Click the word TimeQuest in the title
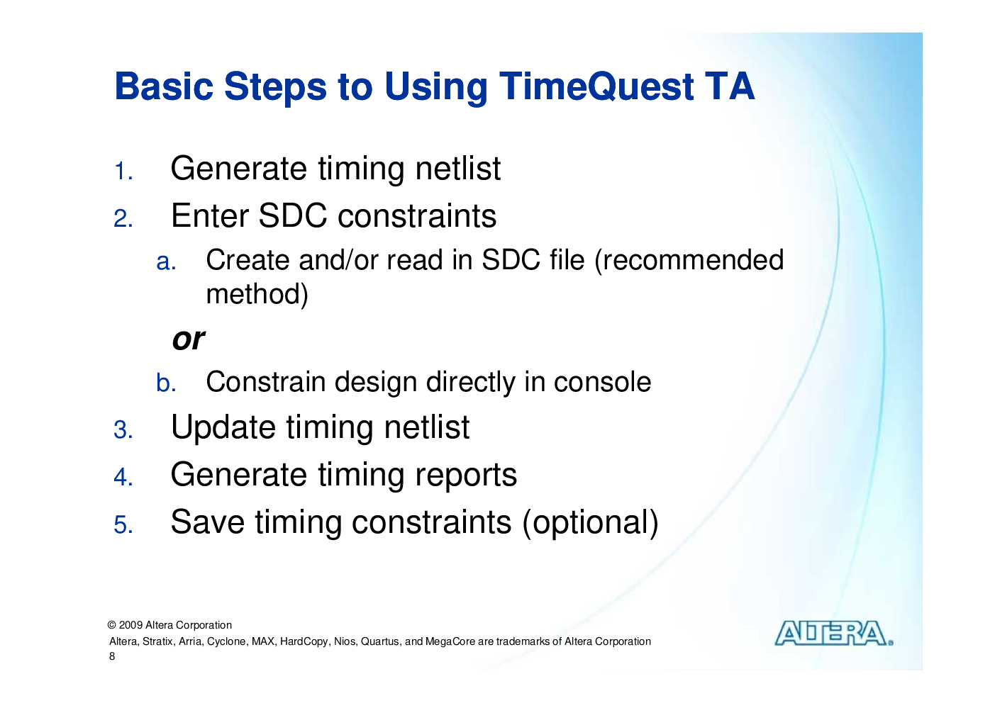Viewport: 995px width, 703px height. click(x=596, y=87)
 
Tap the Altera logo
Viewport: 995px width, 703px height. click(x=834, y=634)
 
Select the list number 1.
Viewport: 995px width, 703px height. click(x=123, y=171)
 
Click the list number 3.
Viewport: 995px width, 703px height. click(x=123, y=429)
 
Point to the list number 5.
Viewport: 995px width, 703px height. click(x=123, y=524)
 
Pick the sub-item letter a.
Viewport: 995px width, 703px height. click(x=166, y=261)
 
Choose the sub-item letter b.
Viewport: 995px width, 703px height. click(x=166, y=383)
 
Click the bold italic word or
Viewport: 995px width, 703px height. click(x=189, y=340)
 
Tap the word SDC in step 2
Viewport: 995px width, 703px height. click(x=293, y=216)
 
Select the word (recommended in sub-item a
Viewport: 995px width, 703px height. click(x=689, y=261)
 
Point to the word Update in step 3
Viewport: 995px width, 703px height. click(x=223, y=428)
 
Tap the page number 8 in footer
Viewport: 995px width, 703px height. click(x=112, y=656)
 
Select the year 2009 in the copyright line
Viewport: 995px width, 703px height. click(x=130, y=625)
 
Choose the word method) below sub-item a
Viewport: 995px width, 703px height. click(x=257, y=295)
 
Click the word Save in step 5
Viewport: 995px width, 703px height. click(x=208, y=522)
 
